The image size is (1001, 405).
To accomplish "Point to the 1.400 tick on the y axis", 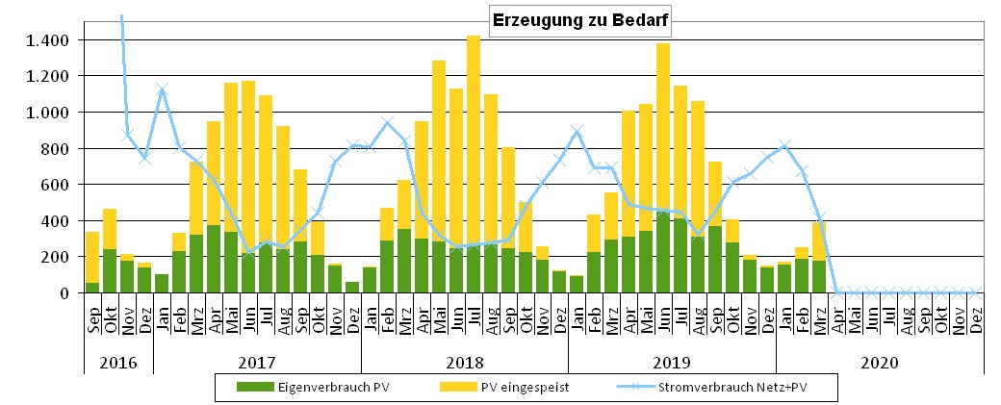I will pyautogui.click(x=47, y=40).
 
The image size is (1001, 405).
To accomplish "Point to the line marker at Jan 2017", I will pyautogui.click(x=162, y=89).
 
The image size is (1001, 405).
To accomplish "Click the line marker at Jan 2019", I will pyautogui.click(x=577, y=131).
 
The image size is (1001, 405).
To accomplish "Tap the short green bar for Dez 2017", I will pyautogui.click(x=352, y=287).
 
